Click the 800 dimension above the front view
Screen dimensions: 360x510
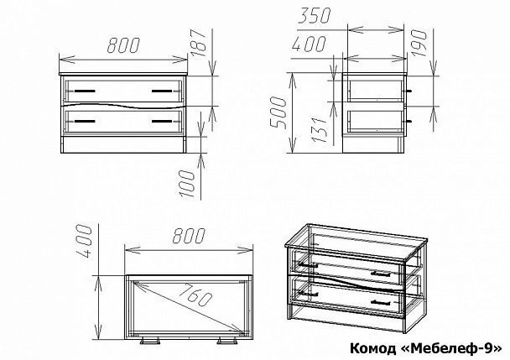click(x=124, y=49)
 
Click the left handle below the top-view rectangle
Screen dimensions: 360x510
click(x=152, y=343)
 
